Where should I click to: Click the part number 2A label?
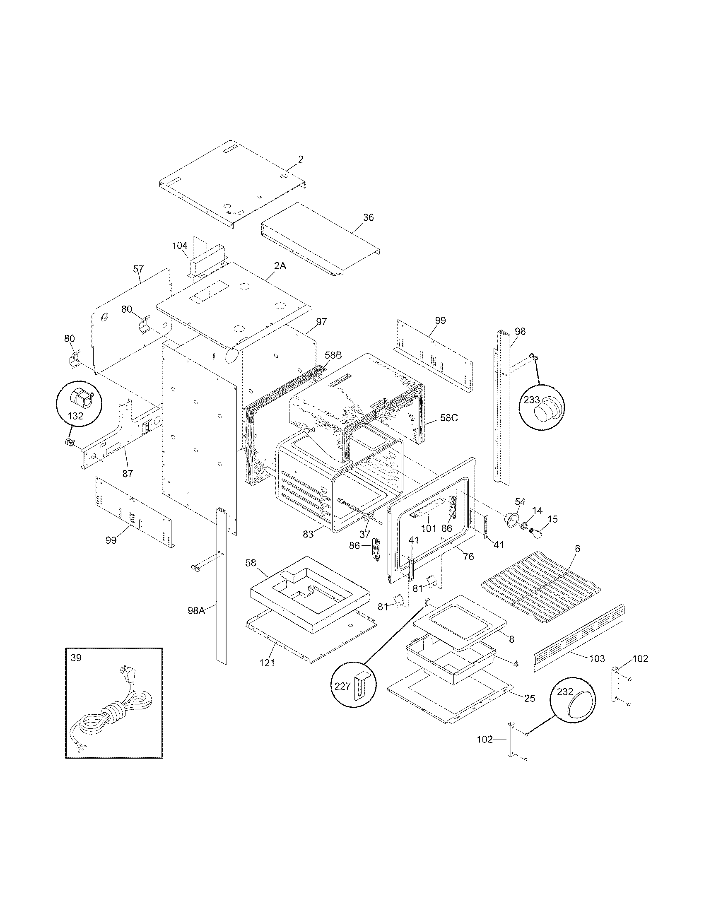280,266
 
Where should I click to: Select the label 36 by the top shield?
368,217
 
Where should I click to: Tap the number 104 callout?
180,246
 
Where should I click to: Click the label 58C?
449,417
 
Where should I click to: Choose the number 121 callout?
267,662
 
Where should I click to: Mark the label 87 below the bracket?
128,473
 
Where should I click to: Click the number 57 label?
138,269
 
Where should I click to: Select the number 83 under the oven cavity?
308,534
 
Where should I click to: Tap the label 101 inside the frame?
428,528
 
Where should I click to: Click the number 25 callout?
530,698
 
